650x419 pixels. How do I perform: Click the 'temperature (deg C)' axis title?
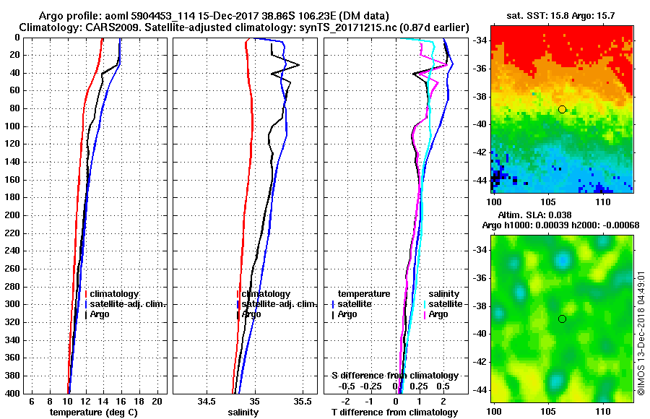click(93, 412)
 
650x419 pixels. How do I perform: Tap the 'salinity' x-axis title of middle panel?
click(243, 412)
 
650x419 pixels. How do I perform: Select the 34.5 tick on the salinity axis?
click(207, 402)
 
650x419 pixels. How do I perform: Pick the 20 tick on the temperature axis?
click(156, 402)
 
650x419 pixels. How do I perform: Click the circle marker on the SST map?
click(563, 109)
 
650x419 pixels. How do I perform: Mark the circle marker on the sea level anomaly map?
click(563, 319)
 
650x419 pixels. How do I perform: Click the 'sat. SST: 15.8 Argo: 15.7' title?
click(562, 15)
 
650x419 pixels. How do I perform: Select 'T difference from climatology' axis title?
click(394, 412)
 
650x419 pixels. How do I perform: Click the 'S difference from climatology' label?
click(394, 376)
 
